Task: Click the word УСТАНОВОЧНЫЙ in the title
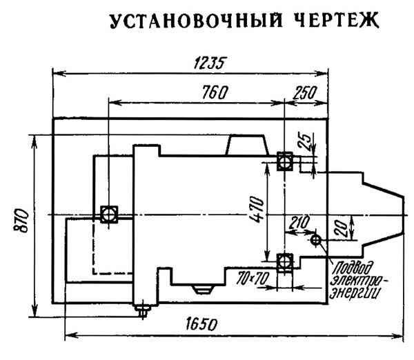coord(196,20)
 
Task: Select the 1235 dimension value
coord(210,63)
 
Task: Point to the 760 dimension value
coord(215,92)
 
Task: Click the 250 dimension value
coord(304,92)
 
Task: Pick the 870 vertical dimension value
coord(21,221)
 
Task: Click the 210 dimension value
coord(299,222)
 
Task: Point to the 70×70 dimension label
coord(253,278)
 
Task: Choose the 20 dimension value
coord(340,228)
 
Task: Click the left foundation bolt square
coord(109,214)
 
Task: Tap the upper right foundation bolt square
coord(284,161)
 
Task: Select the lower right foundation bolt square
coord(284,262)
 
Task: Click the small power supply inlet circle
coord(315,240)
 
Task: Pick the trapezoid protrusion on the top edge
coord(247,145)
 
